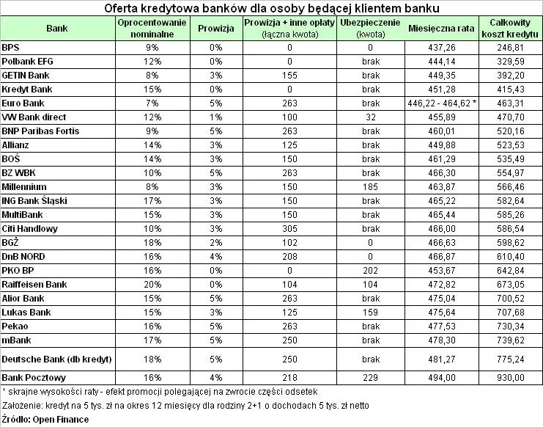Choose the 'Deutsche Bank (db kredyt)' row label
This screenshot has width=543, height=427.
pyautogui.click(x=56, y=358)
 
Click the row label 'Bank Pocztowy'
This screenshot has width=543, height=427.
pyautogui.click(x=34, y=377)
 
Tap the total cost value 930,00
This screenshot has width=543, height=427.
pyautogui.click(x=511, y=377)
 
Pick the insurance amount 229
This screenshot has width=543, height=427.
pyautogui.click(x=366, y=377)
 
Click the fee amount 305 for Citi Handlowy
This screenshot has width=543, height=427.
pyautogui.click(x=289, y=228)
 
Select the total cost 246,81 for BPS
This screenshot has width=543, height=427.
pyautogui.click(x=511, y=47)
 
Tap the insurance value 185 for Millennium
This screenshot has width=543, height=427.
pyautogui.click(x=366, y=186)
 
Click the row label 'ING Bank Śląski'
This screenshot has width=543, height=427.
pyautogui.click(x=34, y=200)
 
